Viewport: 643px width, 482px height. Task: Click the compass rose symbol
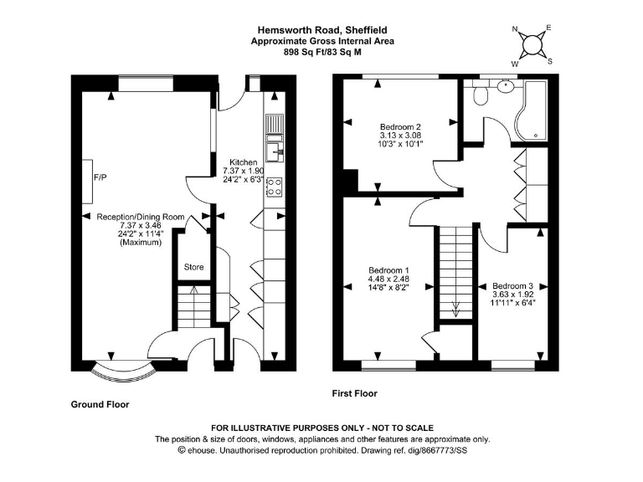tap(532, 44)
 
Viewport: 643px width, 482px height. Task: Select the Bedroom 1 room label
tap(388, 270)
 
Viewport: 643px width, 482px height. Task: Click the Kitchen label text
tap(243, 162)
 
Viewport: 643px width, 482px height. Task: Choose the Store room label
tap(194, 267)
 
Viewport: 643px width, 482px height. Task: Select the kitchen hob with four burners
tap(274, 187)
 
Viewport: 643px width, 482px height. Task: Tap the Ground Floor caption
tap(100, 403)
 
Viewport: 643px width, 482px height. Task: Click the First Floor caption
tap(355, 393)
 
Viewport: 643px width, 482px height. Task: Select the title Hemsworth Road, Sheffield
tap(322, 31)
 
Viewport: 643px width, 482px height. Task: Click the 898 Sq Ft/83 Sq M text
tap(322, 52)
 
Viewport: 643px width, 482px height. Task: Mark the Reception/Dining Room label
tap(140, 217)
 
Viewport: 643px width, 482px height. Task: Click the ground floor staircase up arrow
tap(194, 293)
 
